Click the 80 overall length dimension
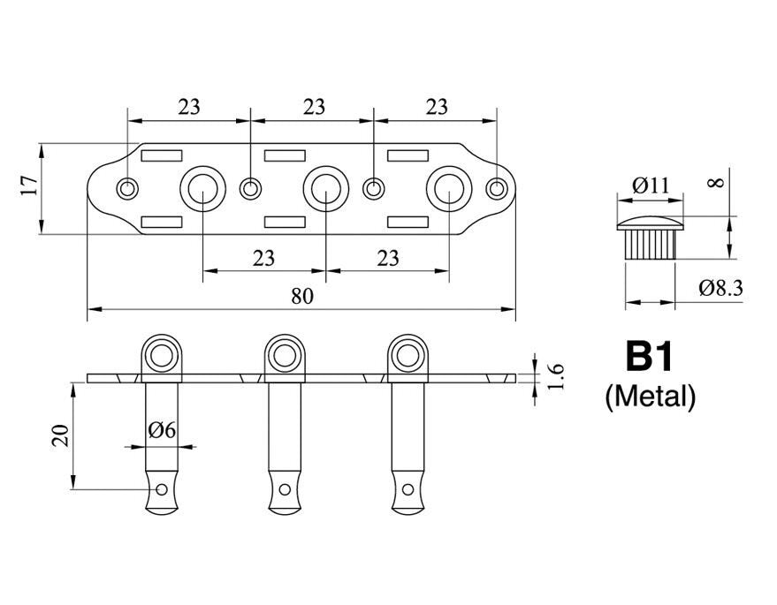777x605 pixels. (x=302, y=297)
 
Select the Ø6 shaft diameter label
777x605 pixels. (x=163, y=430)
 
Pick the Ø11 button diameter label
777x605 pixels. (x=651, y=185)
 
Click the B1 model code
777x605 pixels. (x=650, y=357)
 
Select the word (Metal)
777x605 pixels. (x=650, y=397)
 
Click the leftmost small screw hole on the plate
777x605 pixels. (x=128, y=187)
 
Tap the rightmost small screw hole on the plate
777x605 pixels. (x=498, y=187)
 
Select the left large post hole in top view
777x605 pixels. (x=202, y=187)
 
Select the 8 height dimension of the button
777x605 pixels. (x=717, y=183)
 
